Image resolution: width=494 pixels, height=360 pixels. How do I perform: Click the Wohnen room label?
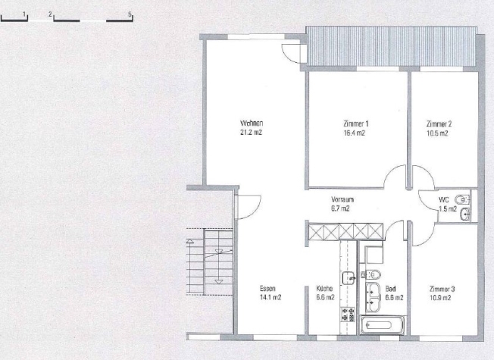pyautogui.click(x=252, y=123)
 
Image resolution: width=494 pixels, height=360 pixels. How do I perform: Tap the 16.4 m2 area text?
pyautogui.click(x=355, y=133)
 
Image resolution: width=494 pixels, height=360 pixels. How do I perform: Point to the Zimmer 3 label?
pyautogui.click(x=442, y=289)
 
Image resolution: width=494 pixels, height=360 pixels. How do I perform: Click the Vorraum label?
pyautogui.click(x=342, y=199)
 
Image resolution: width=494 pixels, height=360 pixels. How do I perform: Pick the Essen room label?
pyautogui.click(x=267, y=288)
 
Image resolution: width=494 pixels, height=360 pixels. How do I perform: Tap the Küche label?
pyautogui.click(x=324, y=288)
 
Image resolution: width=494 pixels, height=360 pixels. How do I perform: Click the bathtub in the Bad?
pyautogui.click(x=383, y=324)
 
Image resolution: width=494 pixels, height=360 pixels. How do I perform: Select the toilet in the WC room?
pyautogui.click(x=463, y=199)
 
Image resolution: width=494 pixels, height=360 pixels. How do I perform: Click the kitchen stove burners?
pyautogui.click(x=348, y=314)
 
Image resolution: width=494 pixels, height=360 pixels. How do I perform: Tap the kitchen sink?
pyautogui.click(x=349, y=278)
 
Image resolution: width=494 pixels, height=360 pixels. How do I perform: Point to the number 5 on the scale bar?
pyautogui.click(x=130, y=14)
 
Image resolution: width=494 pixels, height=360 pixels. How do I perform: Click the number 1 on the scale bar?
pyautogui.click(x=24, y=14)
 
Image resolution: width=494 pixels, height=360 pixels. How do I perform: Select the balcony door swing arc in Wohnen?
pyautogui.click(x=289, y=55)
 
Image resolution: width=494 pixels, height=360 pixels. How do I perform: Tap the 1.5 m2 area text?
pyautogui.click(x=448, y=208)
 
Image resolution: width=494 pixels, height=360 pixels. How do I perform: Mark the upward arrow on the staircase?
pyautogui.click(x=190, y=242)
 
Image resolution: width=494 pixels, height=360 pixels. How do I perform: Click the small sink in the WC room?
pyautogui.click(x=465, y=214)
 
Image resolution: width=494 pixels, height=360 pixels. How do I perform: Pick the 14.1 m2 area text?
pyautogui.click(x=270, y=297)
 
